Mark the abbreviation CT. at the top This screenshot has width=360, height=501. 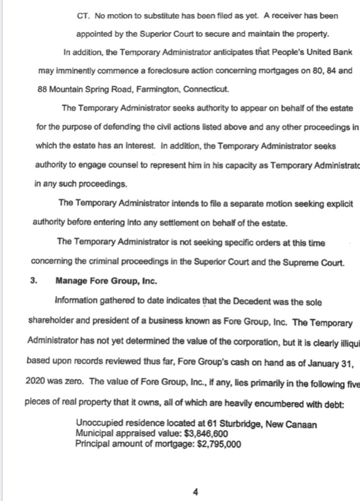[83, 16]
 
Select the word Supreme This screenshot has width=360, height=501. [296, 260]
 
